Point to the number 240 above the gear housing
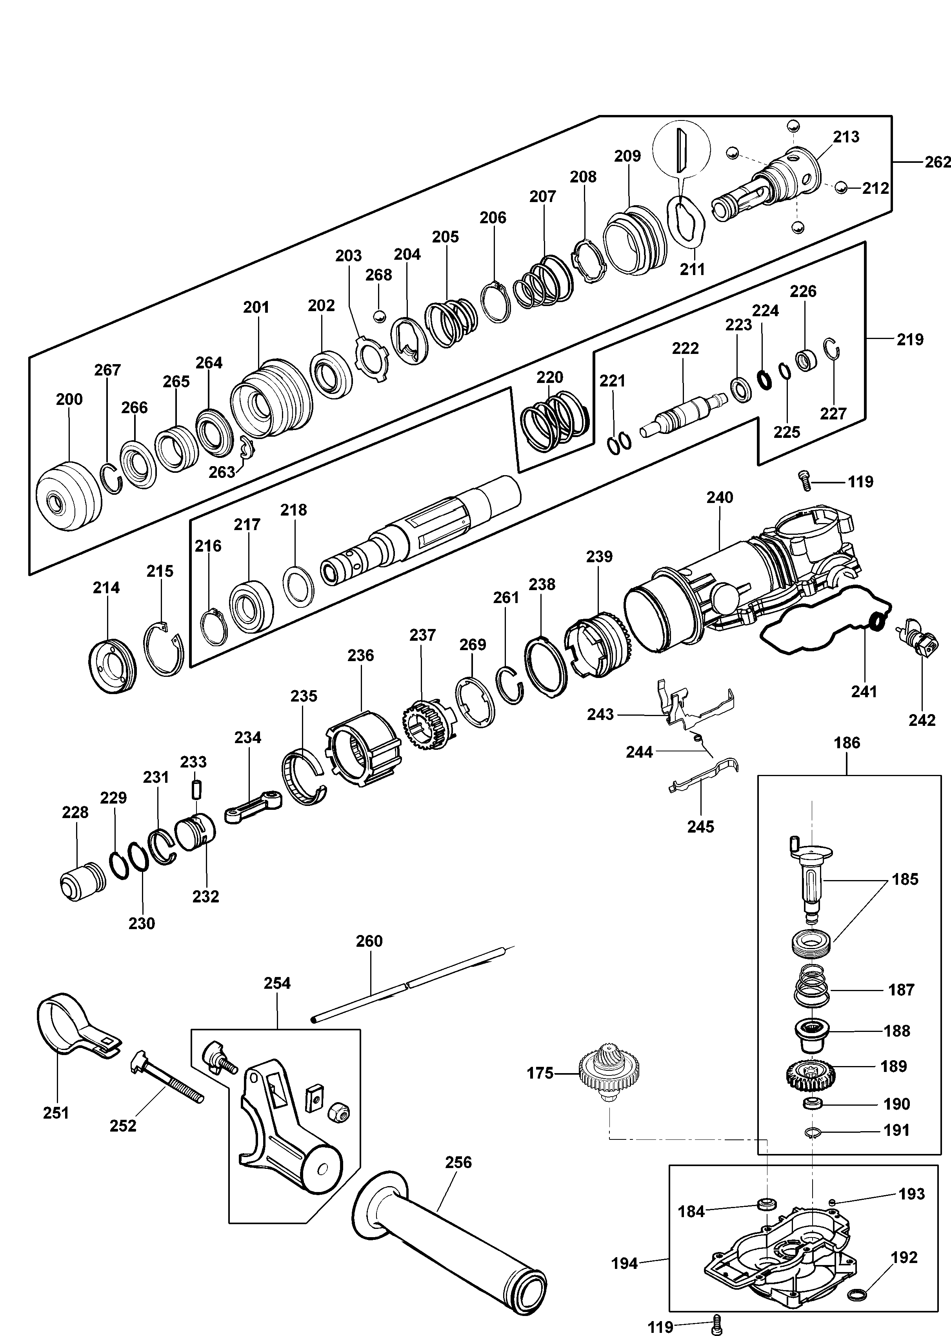tap(719, 498)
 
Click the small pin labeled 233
tap(196, 787)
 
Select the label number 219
tap(909, 339)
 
